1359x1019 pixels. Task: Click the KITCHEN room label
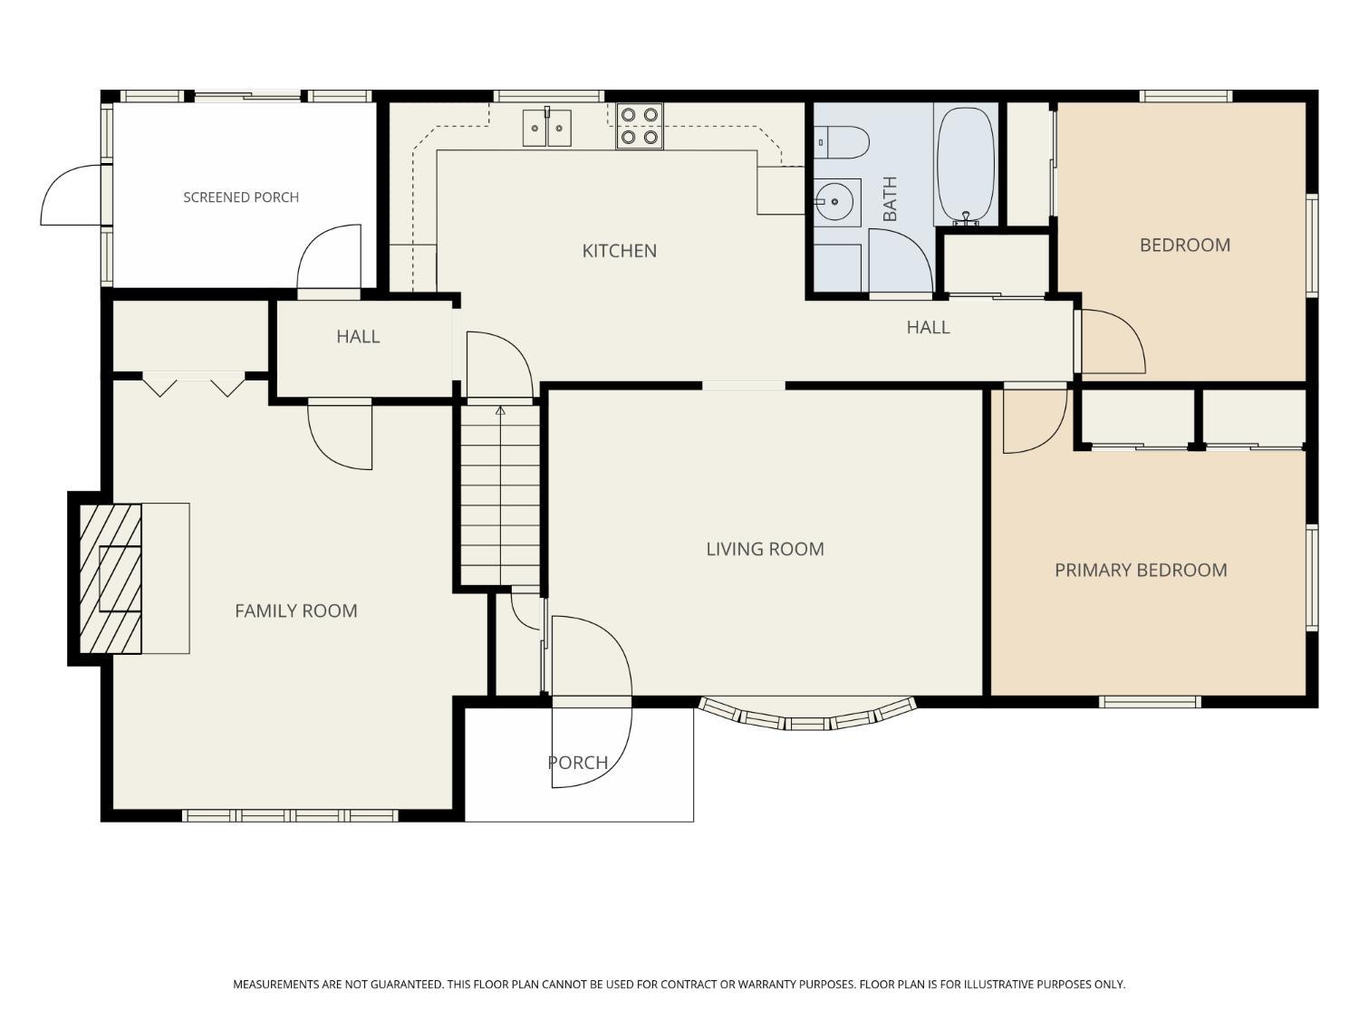(619, 251)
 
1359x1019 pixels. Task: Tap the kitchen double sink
(546, 128)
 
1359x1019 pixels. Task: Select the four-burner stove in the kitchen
(639, 126)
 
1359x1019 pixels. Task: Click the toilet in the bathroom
(841, 142)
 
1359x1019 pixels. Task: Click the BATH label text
(890, 198)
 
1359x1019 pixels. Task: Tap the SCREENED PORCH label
(241, 197)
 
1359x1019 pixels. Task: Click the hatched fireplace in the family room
(111, 579)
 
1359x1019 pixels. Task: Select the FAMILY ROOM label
(296, 610)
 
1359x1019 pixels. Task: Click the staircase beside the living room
(500, 495)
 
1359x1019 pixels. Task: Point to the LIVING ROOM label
(765, 549)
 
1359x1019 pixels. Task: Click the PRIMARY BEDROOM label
(1141, 570)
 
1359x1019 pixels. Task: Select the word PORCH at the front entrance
(578, 763)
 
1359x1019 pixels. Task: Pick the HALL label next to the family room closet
(358, 337)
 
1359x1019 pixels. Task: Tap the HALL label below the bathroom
(928, 327)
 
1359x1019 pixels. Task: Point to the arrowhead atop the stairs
(500, 410)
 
